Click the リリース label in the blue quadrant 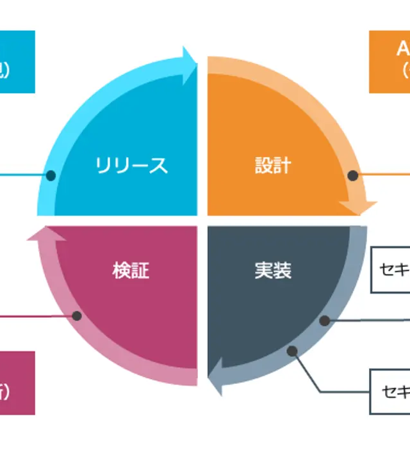(x=131, y=166)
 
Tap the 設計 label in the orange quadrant (x=273, y=166)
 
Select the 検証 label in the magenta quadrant (x=131, y=271)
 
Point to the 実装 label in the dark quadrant (x=273, y=271)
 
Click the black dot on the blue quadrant (x=51, y=175)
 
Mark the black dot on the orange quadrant (x=352, y=175)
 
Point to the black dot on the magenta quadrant (x=77, y=315)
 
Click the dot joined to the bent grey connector (x=292, y=351)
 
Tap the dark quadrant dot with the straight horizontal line (x=325, y=320)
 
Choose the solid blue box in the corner (x=17, y=61)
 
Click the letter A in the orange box (x=403, y=49)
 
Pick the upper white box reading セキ (x=391, y=269)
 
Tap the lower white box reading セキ (x=390, y=391)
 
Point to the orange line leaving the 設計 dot (x=384, y=174)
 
